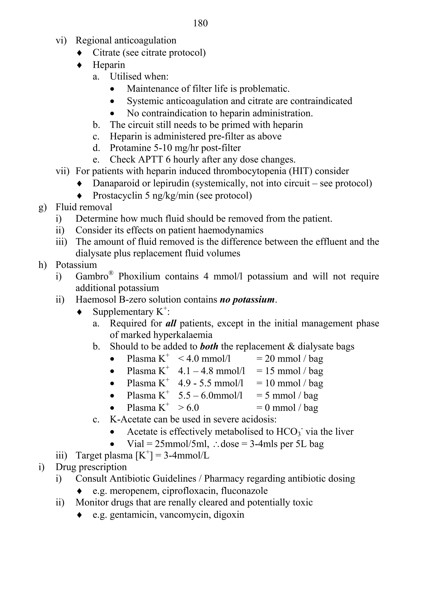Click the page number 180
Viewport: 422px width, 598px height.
200,23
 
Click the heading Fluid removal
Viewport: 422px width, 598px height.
84,207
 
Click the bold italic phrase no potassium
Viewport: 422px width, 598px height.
247,300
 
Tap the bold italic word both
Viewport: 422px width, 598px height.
209,346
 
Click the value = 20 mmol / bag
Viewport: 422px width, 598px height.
290,359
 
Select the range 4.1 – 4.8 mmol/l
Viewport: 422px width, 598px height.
212,371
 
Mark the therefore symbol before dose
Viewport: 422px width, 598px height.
216,444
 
